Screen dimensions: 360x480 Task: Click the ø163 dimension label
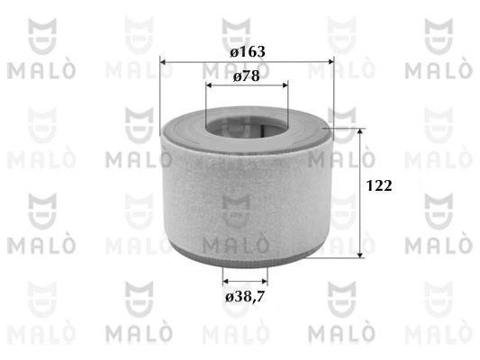point(246,51)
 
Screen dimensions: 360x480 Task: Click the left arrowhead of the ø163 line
point(164,62)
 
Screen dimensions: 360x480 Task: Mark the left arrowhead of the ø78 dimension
point(211,85)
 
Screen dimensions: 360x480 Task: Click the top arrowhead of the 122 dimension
point(362,132)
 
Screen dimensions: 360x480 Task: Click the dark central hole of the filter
point(246,127)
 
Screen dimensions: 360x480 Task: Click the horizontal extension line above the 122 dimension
point(347,128)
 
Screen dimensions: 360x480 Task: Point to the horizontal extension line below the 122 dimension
point(347,256)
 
